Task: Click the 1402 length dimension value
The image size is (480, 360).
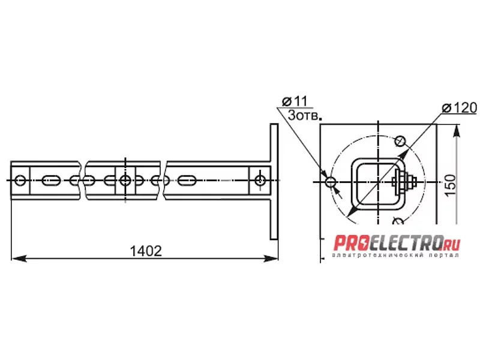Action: (x=146, y=251)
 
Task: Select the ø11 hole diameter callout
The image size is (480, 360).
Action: (x=295, y=101)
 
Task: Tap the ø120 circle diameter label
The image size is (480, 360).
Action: (x=460, y=108)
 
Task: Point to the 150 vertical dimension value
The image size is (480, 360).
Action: (x=450, y=185)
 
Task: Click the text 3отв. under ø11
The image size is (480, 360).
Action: (x=304, y=115)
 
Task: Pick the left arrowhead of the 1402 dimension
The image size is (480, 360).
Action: (x=19, y=259)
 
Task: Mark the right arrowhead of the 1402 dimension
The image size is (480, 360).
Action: (x=271, y=259)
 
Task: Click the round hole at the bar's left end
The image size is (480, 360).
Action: (x=20, y=181)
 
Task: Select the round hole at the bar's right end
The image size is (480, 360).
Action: (x=260, y=181)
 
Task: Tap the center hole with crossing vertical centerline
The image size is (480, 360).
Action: (x=125, y=181)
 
